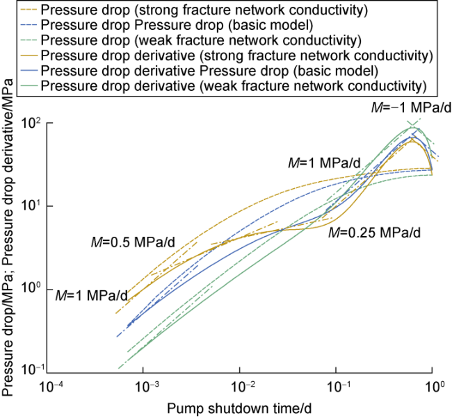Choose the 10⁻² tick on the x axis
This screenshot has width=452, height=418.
[x=241, y=384]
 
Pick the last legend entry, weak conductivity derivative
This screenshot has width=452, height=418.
[x=233, y=86]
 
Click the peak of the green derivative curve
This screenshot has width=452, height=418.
[x=412, y=127]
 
